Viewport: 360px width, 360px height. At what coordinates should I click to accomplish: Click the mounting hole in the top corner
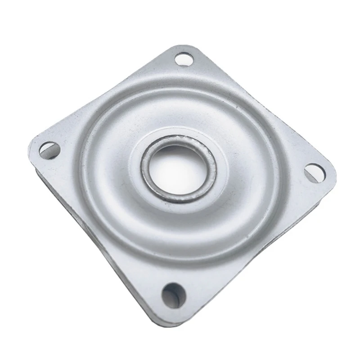pyautogui.click(x=183, y=59)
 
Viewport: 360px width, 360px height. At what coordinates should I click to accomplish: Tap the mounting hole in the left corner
pyautogui.click(x=49, y=149)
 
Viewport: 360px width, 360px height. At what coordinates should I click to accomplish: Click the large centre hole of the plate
pyautogui.click(x=179, y=169)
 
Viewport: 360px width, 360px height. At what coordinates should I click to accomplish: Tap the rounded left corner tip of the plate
pyautogui.click(x=32, y=143)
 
